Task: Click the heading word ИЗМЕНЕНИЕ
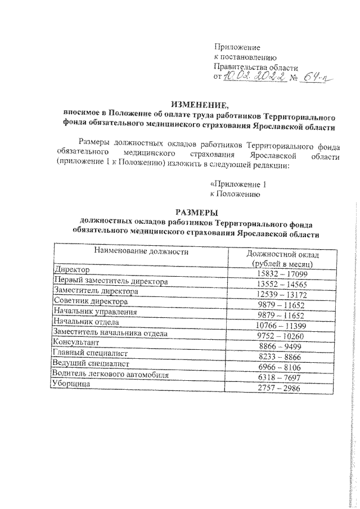(200, 105)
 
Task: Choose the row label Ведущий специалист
(90, 364)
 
